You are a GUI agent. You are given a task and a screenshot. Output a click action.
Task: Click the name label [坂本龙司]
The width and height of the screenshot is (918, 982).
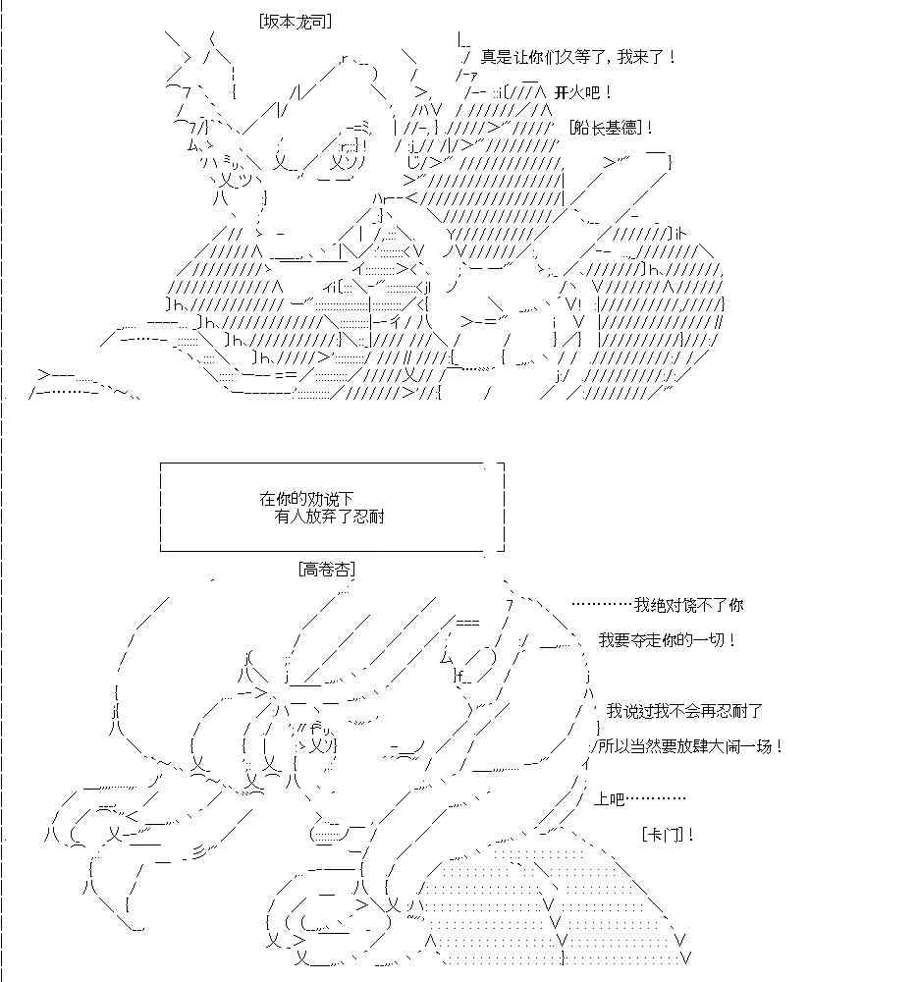(295, 22)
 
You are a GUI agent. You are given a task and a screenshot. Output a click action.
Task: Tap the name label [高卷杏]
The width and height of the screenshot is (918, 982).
(327, 570)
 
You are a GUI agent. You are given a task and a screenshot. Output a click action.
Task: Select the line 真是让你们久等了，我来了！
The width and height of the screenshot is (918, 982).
(578, 57)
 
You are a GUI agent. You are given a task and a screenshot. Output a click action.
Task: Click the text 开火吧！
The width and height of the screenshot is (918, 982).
(583, 92)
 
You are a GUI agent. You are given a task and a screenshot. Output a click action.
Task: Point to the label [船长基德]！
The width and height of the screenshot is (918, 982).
(611, 128)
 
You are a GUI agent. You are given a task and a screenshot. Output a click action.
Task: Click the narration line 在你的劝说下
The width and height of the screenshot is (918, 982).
(307, 499)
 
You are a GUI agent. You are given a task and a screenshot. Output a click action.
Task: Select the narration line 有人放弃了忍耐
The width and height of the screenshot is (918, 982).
(329, 517)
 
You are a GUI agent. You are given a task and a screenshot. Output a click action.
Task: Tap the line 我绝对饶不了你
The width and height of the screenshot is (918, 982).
(688, 605)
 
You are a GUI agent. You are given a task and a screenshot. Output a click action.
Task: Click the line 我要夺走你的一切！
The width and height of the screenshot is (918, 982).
(667, 640)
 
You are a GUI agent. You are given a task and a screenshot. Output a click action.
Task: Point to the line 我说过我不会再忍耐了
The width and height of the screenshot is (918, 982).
(684, 711)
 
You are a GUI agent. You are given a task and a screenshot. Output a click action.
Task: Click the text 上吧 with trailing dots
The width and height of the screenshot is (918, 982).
(640, 799)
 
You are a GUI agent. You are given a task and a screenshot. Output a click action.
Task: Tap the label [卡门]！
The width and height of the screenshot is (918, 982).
(668, 835)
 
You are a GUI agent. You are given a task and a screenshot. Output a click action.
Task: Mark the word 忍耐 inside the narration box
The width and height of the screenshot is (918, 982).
(369, 517)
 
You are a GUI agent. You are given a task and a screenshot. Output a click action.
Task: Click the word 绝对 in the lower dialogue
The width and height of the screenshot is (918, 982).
(665, 605)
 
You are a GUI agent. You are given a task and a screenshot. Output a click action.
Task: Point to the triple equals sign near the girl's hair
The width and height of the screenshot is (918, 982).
(467, 623)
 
